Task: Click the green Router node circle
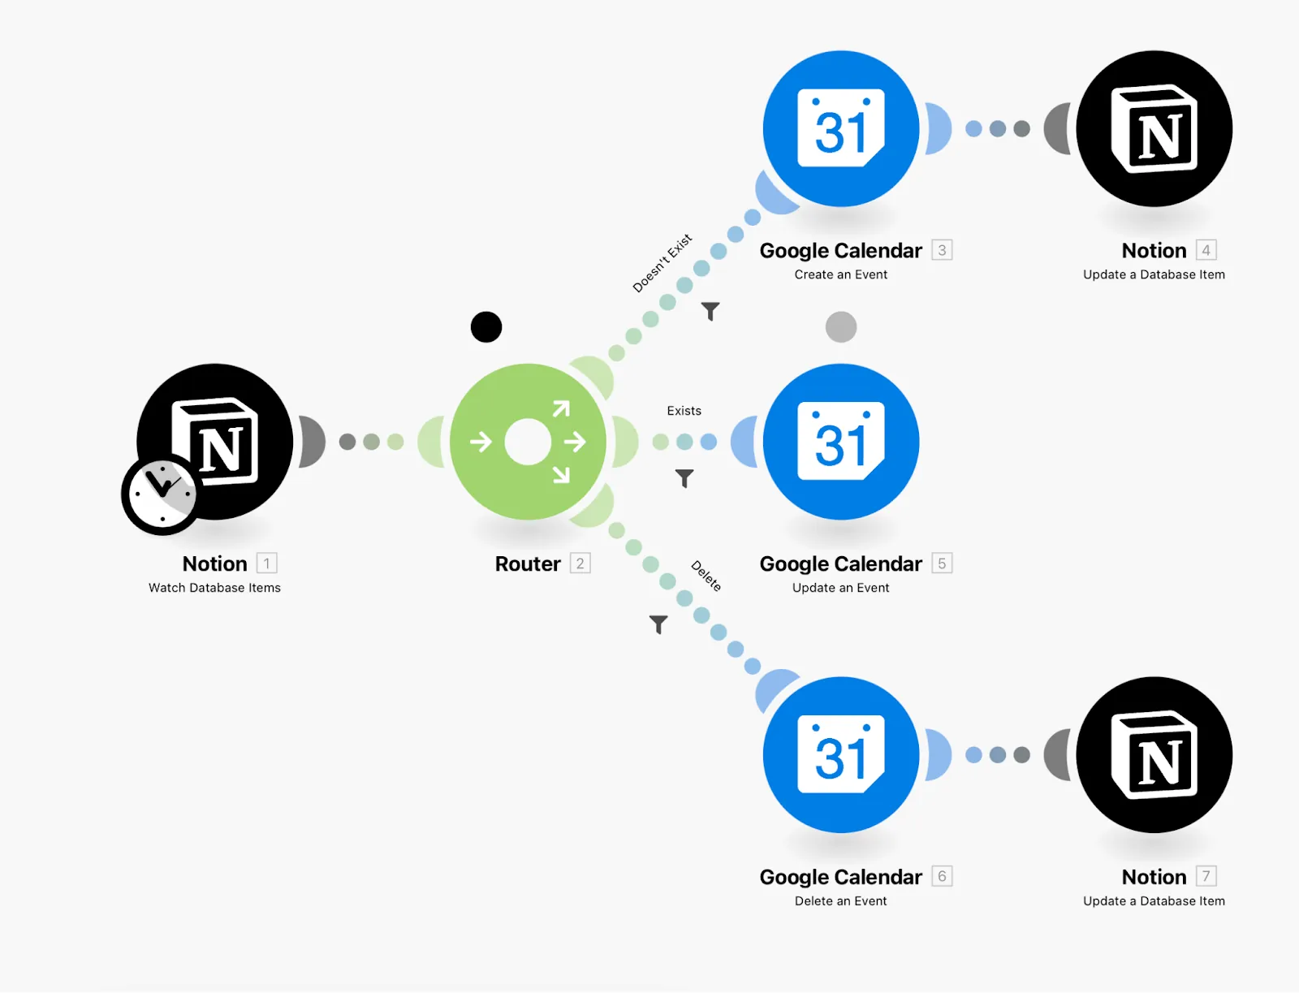pyautogui.click(x=528, y=442)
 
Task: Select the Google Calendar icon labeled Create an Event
pyautogui.click(x=841, y=128)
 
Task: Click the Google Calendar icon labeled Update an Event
pyautogui.click(x=841, y=442)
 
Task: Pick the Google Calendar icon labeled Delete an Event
pyautogui.click(x=841, y=755)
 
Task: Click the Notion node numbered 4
pyautogui.click(x=1154, y=128)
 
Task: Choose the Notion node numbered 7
pyautogui.click(x=1154, y=755)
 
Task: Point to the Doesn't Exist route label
pyautogui.click(x=662, y=263)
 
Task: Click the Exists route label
pyautogui.click(x=684, y=411)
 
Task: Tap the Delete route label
pyautogui.click(x=706, y=576)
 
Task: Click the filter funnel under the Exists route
pyautogui.click(x=684, y=478)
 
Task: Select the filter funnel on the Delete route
pyautogui.click(x=658, y=624)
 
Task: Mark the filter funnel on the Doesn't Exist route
pyautogui.click(x=710, y=311)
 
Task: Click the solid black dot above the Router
pyautogui.click(x=486, y=327)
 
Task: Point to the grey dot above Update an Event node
pyautogui.click(x=841, y=327)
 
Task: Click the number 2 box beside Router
pyautogui.click(x=580, y=563)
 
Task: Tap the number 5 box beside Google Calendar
pyautogui.click(x=942, y=563)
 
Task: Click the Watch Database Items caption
pyautogui.click(x=214, y=588)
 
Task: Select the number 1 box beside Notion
pyautogui.click(x=266, y=563)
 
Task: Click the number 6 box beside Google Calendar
pyautogui.click(x=942, y=876)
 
